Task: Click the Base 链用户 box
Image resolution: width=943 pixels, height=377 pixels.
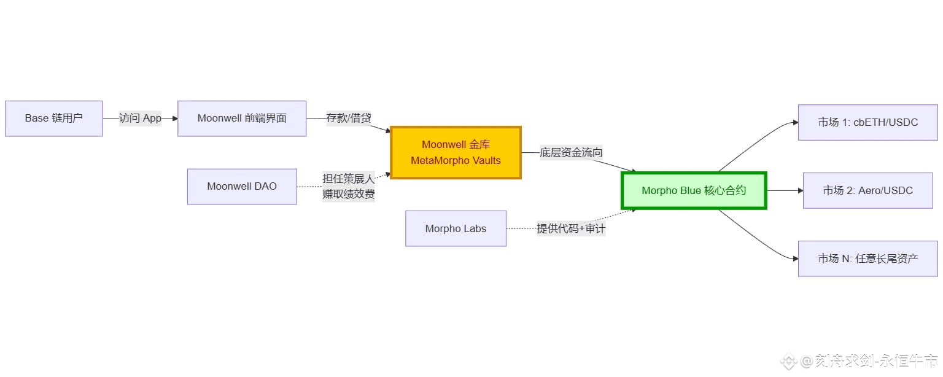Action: coord(54,119)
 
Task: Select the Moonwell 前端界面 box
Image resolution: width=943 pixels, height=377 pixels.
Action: coord(242,119)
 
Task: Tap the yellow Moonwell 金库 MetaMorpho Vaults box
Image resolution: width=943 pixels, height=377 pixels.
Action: coord(456,153)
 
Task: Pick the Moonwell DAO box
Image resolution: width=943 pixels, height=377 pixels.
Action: coord(242,187)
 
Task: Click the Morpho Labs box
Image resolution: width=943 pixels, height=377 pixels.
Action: coord(456,229)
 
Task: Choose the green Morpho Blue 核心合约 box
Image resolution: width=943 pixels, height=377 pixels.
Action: coord(694,191)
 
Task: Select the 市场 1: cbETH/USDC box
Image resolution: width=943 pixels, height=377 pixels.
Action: coord(867,123)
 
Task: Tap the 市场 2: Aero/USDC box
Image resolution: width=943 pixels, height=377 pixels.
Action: coord(867,191)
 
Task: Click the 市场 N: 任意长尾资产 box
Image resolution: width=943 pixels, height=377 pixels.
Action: coord(867,258)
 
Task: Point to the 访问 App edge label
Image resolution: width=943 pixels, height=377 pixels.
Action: coord(140,119)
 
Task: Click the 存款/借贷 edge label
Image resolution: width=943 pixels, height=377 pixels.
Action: coord(348,119)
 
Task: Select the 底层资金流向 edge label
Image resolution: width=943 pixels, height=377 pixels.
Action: coord(571,153)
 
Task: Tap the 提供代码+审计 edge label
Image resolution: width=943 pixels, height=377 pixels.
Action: coord(571,229)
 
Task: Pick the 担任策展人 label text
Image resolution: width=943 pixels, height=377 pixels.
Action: coord(348,179)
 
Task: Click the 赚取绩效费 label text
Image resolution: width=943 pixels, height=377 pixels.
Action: coord(348,195)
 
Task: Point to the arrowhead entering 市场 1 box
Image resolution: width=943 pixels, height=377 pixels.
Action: coord(794,123)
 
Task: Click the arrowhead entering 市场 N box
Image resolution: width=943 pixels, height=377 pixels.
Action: coord(794,258)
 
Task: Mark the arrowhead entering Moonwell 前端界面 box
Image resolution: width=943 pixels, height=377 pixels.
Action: coord(174,119)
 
